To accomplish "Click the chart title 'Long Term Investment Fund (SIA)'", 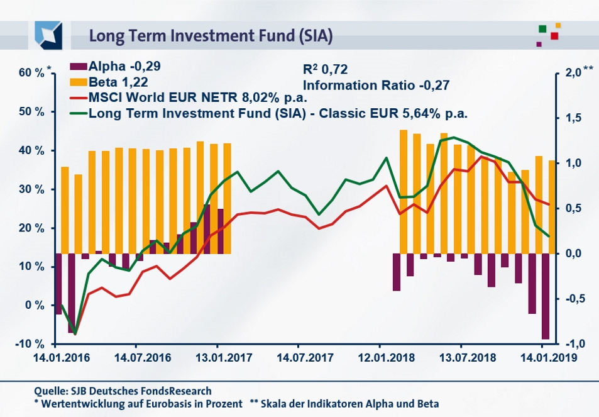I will pyautogui.click(x=211, y=35).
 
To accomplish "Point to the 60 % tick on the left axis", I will pyautogui.click(x=31, y=73).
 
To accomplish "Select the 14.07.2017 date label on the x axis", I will pyautogui.click(x=298, y=357).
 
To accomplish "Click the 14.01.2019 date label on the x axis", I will pyautogui.click(x=542, y=357).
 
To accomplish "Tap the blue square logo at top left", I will pyautogui.click(x=48, y=35).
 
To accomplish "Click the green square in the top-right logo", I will pyautogui.click(x=542, y=29).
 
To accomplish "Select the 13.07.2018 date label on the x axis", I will pyautogui.click(x=461, y=357).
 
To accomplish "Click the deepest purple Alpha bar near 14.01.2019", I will pyautogui.click(x=546, y=296).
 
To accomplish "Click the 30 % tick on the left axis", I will pyautogui.click(x=31, y=189).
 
